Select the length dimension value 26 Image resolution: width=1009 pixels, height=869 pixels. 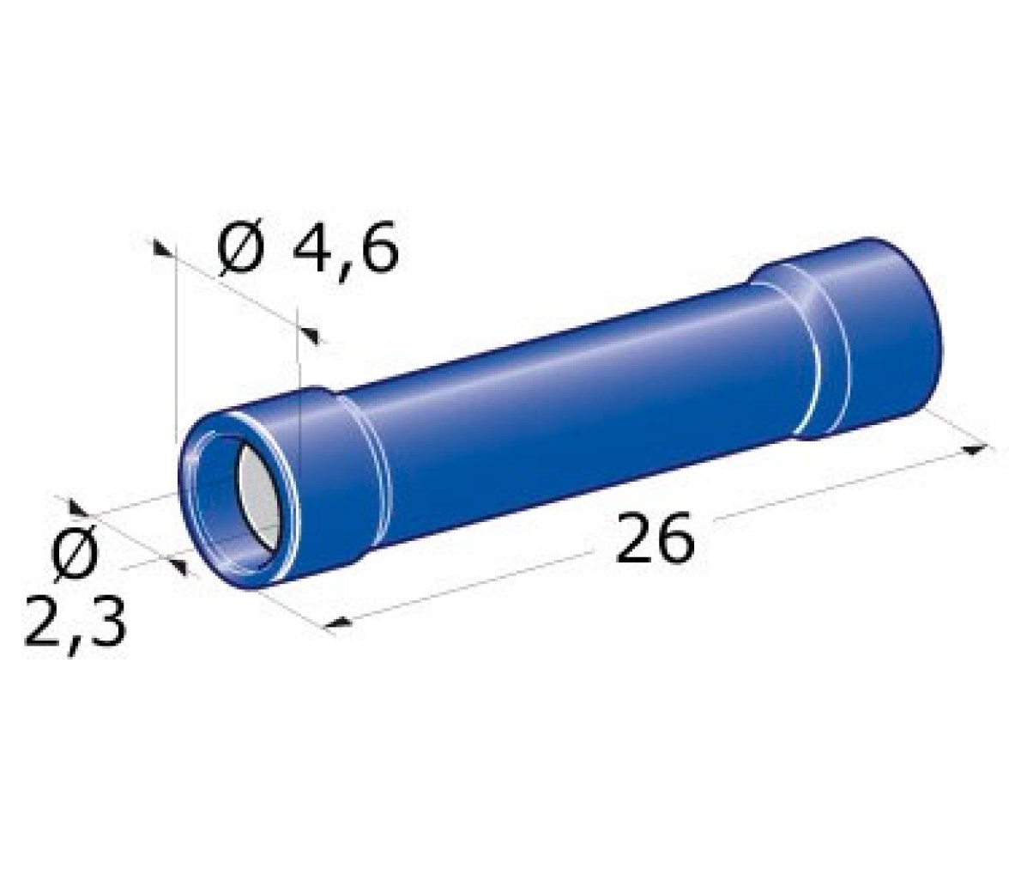[656, 538]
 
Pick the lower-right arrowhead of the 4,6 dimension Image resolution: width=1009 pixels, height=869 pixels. [311, 334]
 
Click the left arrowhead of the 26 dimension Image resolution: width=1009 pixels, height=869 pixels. [338, 623]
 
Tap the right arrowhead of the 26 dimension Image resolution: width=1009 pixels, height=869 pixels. [976, 450]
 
